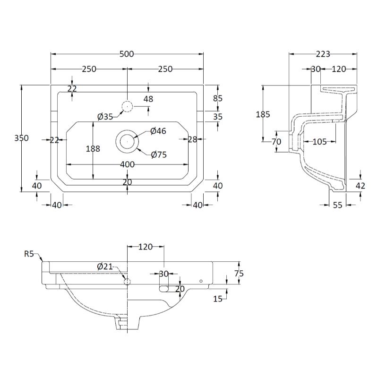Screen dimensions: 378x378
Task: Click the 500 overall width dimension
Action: tap(127, 54)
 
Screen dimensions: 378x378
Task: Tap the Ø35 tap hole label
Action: tap(105, 117)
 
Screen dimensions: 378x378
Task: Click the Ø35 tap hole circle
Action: tap(127, 107)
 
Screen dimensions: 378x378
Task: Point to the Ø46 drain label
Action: tap(158, 131)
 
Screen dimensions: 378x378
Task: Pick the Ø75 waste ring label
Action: tap(159, 155)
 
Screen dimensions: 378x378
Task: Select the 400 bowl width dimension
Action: tap(127, 164)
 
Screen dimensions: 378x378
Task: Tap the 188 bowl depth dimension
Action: tap(93, 148)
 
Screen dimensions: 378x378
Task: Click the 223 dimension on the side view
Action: tap(323, 54)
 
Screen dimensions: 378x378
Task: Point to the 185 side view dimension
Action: tap(263, 114)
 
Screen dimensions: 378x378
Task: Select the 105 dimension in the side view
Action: tap(320, 141)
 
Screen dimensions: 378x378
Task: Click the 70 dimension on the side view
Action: tap(276, 141)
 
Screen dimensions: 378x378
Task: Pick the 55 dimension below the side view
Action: tap(337, 205)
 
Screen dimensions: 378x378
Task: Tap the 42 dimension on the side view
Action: tap(360, 186)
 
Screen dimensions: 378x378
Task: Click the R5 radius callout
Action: tap(29, 254)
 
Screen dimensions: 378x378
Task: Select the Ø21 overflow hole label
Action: tap(105, 266)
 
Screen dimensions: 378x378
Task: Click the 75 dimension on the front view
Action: tap(239, 273)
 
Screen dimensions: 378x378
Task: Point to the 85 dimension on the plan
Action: tap(218, 98)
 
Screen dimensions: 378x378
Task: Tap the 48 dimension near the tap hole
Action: tap(148, 99)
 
